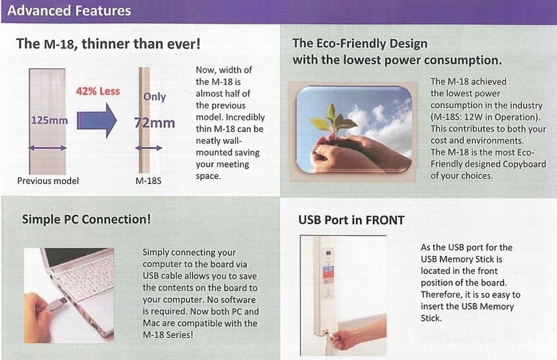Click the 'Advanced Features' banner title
[x=69, y=11]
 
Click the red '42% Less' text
[x=98, y=91]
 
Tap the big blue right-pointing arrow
[x=97, y=120]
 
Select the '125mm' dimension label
[x=49, y=120]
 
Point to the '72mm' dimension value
[x=154, y=123]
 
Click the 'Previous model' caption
[x=48, y=181]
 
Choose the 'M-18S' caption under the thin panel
[x=148, y=181]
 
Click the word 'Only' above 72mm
[x=154, y=97]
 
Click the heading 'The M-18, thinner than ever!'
[x=108, y=44]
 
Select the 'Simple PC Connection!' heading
[x=86, y=219]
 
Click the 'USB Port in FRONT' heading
[x=351, y=220]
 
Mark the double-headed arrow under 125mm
[x=47, y=148]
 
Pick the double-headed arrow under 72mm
[x=148, y=148]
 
